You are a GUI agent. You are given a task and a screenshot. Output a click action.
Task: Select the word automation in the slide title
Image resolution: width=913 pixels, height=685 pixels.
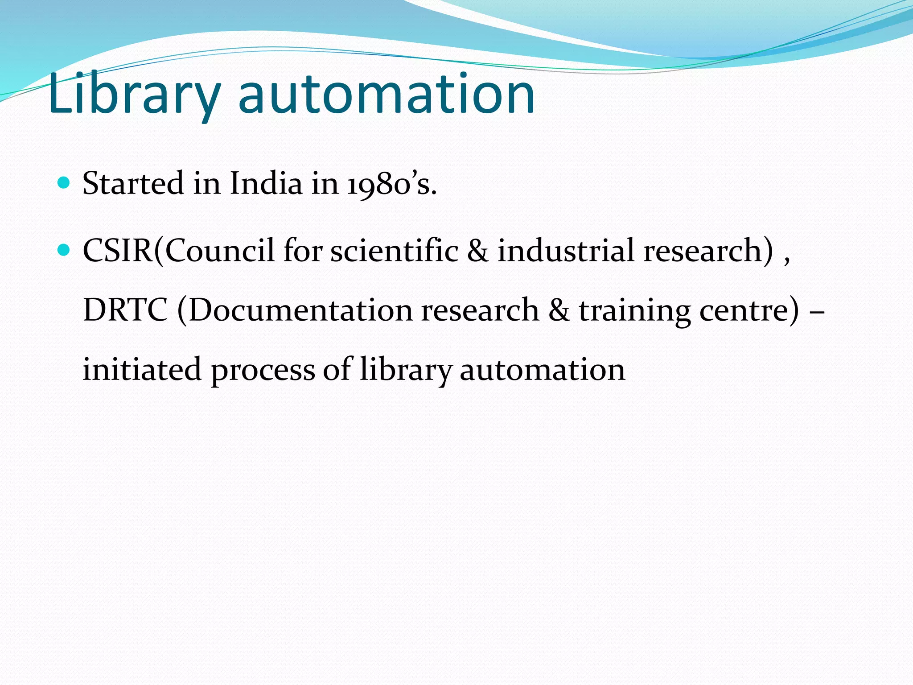387,95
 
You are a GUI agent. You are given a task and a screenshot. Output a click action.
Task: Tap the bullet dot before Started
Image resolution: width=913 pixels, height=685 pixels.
64,183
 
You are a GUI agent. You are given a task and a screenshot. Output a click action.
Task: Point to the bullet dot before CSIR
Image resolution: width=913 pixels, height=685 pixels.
64,250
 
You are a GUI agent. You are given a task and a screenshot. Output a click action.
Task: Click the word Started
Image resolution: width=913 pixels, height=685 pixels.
133,183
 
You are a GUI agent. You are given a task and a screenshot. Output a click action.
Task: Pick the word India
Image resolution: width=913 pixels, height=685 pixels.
266,183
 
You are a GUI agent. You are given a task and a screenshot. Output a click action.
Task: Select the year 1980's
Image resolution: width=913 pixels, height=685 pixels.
390,184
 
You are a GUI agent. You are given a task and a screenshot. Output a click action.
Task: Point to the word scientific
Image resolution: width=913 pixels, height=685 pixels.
395,250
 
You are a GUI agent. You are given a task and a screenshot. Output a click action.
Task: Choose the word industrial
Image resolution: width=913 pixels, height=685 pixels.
566,250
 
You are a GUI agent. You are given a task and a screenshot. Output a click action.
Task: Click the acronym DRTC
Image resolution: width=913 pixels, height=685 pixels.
125,310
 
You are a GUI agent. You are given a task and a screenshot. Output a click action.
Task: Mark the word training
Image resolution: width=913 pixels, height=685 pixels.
635,311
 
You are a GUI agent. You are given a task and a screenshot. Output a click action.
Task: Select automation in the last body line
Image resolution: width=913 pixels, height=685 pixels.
542,370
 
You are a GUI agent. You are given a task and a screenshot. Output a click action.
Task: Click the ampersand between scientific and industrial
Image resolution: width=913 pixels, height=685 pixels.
478,250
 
